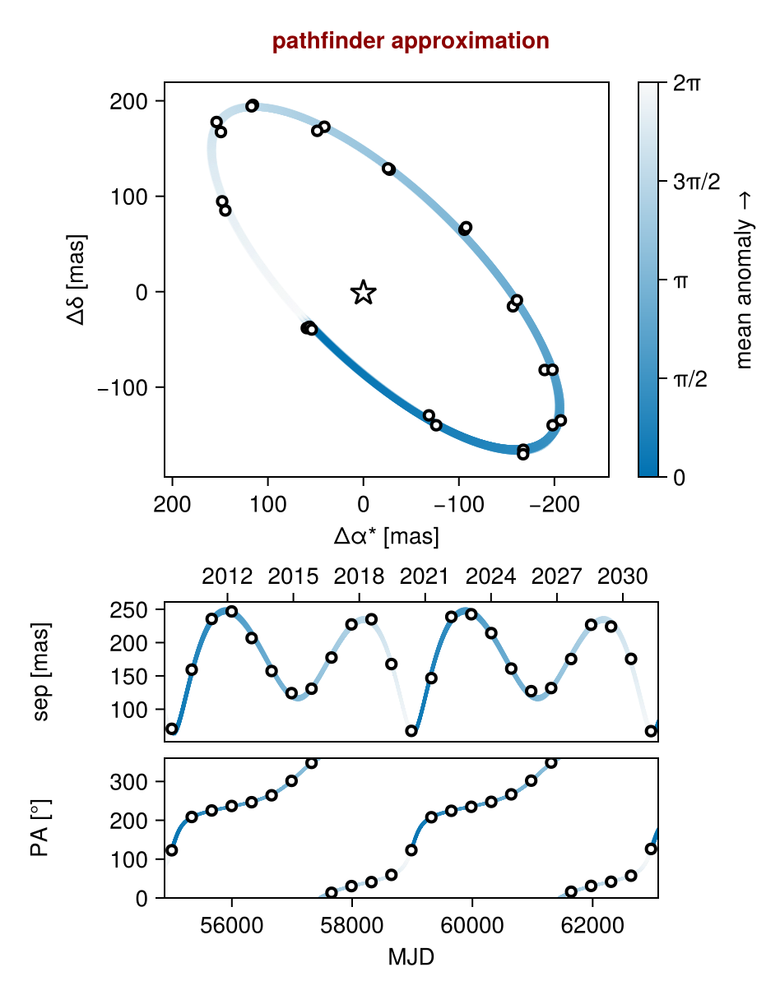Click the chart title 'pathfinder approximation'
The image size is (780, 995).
pyautogui.click(x=411, y=41)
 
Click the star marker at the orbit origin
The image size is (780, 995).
pyautogui.click(x=364, y=292)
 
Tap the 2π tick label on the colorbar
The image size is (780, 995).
pyautogui.click(x=687, y=83)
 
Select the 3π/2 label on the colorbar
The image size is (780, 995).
pyautogui.click(x=696, y=182)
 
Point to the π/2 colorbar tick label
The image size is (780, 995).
pyautogui.click(x=691, y=379)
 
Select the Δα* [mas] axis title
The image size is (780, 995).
pyautogui.click(x=386, y=537)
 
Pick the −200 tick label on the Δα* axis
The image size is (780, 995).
pyautogui.click(x=554, y=504)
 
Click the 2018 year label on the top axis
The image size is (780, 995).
pyautogui.click(x=359, y=576)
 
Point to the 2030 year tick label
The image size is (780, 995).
pyautogui.click(x=622, y=576)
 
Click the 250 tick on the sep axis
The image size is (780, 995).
pyautogui.click(x=128, y=609)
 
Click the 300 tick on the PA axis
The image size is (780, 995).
pyautogui.click(x=128, y=781)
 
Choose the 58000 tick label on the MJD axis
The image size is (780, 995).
pyautogui.click(x=352, y=925)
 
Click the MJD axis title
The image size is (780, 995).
pyautogui.click(x=411, y=957)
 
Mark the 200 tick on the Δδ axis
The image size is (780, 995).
pyautogui.click(x=128, y=102)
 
